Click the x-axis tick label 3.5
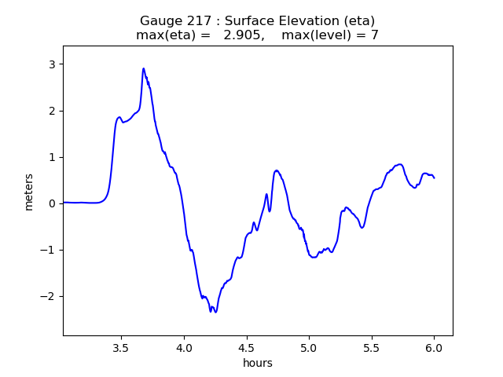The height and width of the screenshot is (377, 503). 121,347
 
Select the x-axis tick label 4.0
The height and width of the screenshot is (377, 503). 184,347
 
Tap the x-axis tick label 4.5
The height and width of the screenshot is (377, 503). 246,347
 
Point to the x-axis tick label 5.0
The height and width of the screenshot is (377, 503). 309,347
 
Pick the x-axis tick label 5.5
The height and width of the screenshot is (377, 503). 371,347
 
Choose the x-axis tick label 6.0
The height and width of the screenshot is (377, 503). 434,347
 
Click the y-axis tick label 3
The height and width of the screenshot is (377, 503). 53,64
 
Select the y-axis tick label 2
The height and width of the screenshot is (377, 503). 53,111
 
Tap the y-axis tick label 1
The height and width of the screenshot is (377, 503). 53,157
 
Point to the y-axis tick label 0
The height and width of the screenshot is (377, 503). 53,203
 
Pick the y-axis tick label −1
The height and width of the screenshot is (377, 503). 50,250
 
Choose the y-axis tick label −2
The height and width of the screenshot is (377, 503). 50,296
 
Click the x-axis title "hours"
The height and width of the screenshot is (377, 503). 258,363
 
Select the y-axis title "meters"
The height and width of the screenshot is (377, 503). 29,192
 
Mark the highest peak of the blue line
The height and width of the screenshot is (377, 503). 144,68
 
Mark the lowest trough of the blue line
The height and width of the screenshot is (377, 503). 215,313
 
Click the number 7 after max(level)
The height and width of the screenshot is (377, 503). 375,35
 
